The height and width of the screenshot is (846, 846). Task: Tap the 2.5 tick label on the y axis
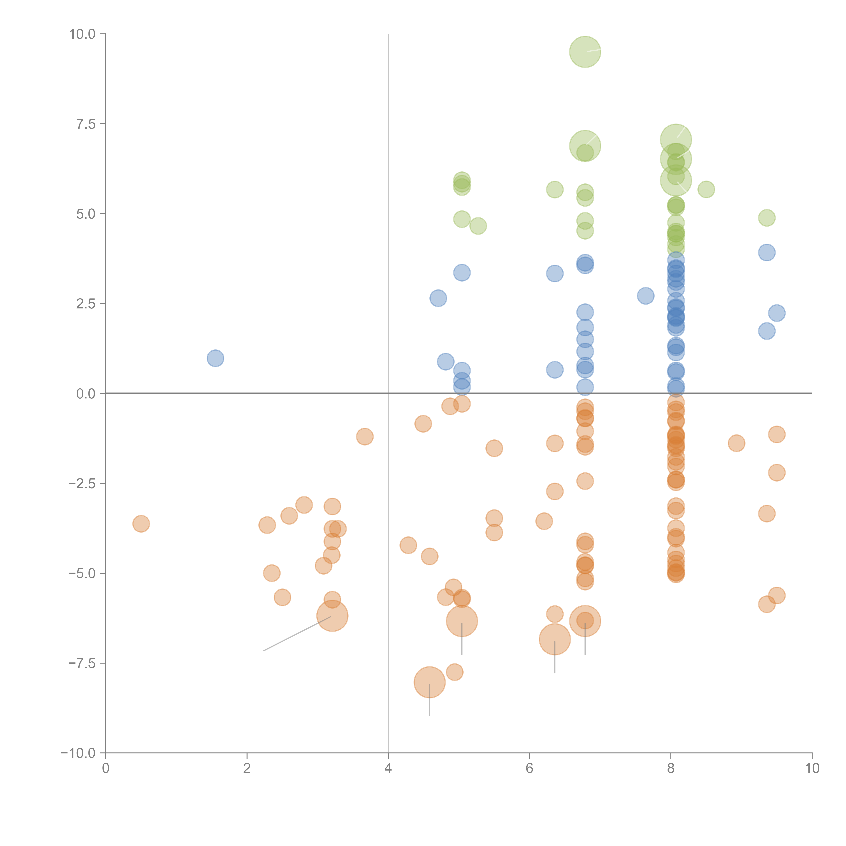(x=86, y=304)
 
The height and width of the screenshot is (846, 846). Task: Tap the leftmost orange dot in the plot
(x=141, y=524)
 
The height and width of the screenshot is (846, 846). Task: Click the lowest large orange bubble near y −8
(x=430, y=682)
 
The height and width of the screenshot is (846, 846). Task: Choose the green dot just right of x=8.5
(x=706, y=190)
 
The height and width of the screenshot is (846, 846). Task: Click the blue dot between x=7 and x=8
(x=645, y=296)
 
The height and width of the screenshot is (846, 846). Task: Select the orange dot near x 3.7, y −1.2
(x=365, y=437)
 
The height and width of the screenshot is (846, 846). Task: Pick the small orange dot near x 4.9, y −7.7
(x=454, y=672)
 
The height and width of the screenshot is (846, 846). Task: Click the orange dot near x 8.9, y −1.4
(x=737, y=443)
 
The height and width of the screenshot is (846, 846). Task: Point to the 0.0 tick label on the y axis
(x=86, y=394)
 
